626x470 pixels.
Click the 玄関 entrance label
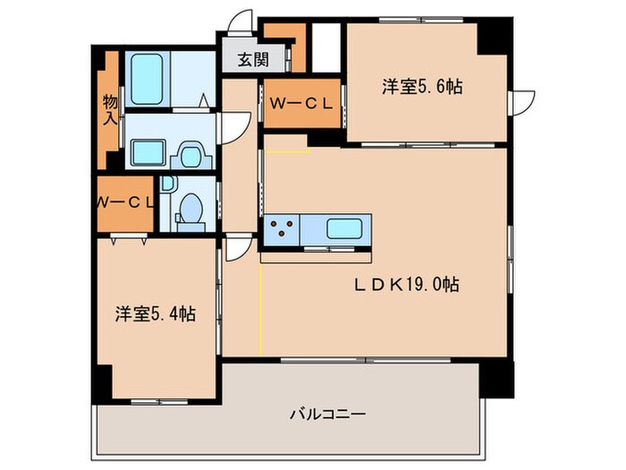[x=252, y=61]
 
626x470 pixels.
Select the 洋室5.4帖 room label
[x=155, y=314]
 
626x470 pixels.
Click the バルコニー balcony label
[x=326, y=414]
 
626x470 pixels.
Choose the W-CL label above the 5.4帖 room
[x=125, y=201]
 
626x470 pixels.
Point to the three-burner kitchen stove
[x=282, y=228]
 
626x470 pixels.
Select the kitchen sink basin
[x=344, y=227]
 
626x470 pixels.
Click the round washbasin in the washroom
[x=190, y=157]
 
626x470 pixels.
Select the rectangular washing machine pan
[x=147, y=154]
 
